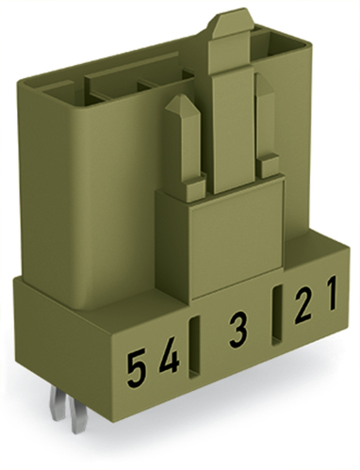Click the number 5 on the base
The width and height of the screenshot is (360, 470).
(138, 364)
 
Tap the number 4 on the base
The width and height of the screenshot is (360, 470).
(170, 360)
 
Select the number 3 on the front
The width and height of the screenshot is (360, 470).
(238, 332)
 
